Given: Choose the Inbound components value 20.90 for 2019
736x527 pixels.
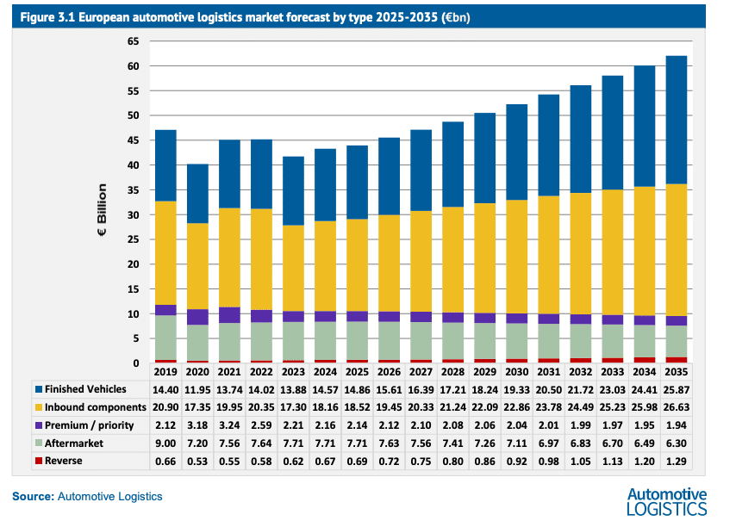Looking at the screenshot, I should point(165,406).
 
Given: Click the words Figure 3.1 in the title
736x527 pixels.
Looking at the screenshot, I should point(47,17).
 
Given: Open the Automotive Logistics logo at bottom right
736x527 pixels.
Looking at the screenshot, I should point(666,500).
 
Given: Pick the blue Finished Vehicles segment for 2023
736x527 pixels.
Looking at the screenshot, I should point(292,190).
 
